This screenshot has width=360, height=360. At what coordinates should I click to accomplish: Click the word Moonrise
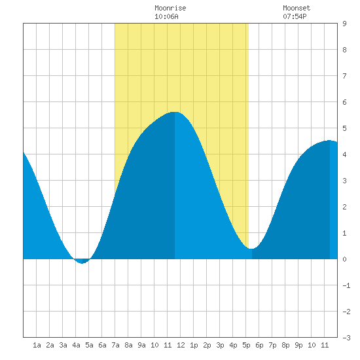[x=170, y=8]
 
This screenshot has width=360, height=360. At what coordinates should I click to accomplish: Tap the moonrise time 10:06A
[x=166, y=16]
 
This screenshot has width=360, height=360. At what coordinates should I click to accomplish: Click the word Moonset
[x=297, y=8]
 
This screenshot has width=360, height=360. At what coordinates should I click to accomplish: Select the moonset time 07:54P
[x=295, y=16]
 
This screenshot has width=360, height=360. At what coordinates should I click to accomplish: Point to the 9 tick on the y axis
[x=344, y=24]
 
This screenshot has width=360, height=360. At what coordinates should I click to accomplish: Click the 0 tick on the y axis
[x=344, y=259]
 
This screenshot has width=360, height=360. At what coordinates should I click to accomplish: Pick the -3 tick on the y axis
[x=346, y=338]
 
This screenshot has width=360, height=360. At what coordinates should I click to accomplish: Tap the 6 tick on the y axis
[x=344, y=102]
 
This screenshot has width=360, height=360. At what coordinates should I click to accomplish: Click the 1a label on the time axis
[x=37, y=345]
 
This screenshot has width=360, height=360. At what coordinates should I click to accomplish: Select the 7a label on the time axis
[x=115, y=345]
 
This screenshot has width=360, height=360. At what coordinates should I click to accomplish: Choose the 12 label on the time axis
[x=181, y=345]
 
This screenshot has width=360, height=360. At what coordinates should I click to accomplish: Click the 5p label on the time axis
[x=246, y=345]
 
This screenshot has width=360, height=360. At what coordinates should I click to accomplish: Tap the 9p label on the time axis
[x=298, y=345]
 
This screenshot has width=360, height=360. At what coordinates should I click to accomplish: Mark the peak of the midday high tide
[x=175, y=112]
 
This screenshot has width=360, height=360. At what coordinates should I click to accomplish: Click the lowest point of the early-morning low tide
[x=82, y=263]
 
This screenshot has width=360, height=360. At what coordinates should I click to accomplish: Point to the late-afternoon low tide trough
[x=251, y=249]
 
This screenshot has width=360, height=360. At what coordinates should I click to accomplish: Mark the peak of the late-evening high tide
[x=329, y=140]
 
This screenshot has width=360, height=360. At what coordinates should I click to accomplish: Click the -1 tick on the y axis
[x=346, y=285]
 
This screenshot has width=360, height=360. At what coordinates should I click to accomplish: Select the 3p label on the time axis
[x=220, y=345]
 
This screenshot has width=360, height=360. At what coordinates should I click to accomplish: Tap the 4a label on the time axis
[x=76, y=345]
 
